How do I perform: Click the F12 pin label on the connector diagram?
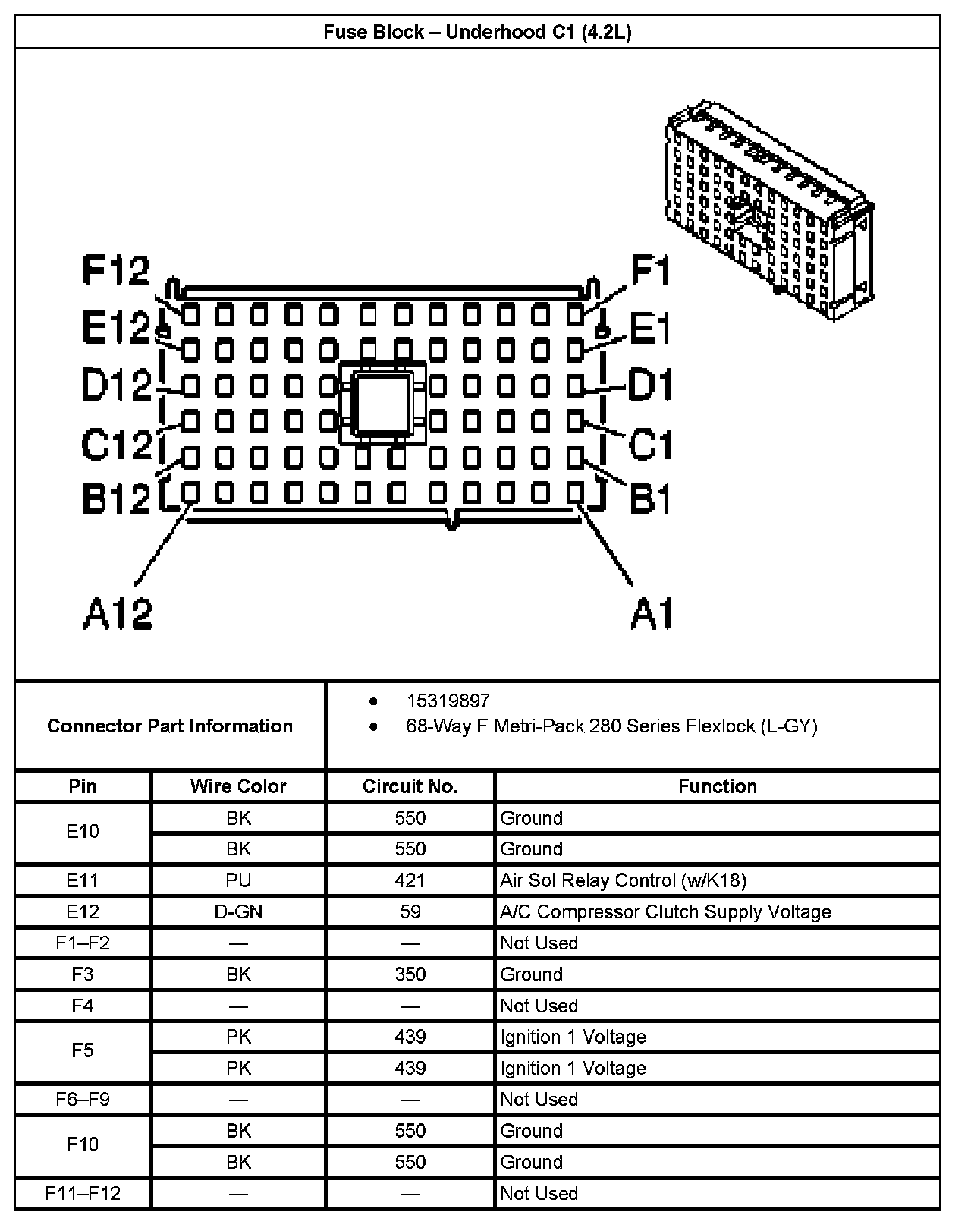pos(116,271)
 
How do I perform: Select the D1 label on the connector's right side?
pos(650,385)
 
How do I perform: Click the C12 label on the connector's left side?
pos(117,444)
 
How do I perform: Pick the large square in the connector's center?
pos(383,403)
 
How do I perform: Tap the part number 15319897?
pos(448,701)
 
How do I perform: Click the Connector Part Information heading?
pos(170,726)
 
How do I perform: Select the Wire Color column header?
pos(238,786)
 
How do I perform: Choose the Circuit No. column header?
pos(410,786)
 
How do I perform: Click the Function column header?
pos(718,786)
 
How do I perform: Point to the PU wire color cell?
pos(238,880)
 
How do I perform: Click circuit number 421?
pos(410,880)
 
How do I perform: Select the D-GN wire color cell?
pos(238,911)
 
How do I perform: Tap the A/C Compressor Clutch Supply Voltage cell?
pos(665,911)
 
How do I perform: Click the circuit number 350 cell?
pos(410,974)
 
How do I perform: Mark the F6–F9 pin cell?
pos(83,1099)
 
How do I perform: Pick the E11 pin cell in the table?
pos(83,880)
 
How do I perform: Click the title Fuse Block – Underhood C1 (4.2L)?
pos(477,32)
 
